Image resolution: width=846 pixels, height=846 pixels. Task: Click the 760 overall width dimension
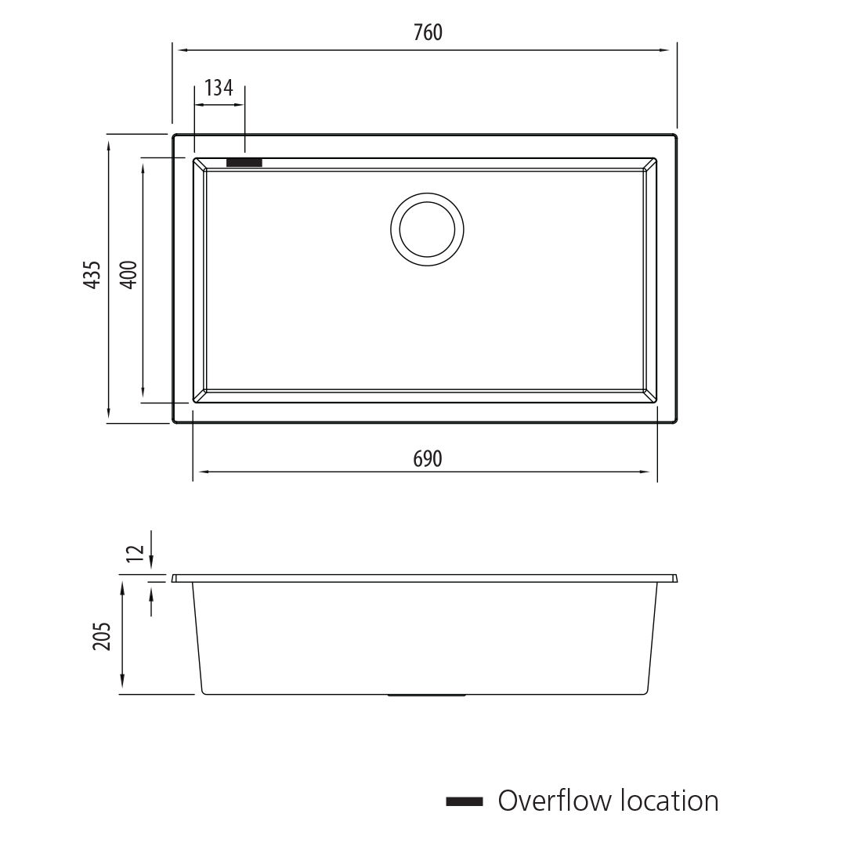tap(428, 32)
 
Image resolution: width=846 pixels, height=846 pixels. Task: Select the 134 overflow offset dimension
tap(219, 88)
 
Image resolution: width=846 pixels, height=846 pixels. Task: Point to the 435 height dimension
tap(92, 275)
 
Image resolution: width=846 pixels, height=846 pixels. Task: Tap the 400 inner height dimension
tap(129, 275)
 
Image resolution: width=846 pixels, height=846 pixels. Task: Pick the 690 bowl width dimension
tap(428, 459)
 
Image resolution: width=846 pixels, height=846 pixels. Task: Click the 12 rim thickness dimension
tap(136, 552)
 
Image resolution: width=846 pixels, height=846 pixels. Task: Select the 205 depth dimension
tap(102, 636)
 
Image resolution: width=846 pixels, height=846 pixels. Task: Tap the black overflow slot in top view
tap(244, 162)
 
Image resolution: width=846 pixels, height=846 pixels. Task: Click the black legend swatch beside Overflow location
tap(465, 801)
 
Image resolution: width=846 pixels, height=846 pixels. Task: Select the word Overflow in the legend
tap(555, 801)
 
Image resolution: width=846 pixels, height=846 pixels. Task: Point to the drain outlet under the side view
tap(427, 695)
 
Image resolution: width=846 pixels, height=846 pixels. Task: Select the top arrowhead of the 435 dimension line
tap(109, 142)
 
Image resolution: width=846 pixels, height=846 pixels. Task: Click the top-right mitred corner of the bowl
tap(649, 164)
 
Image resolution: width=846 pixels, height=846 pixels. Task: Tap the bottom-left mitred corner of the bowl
tap(200, 396)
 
